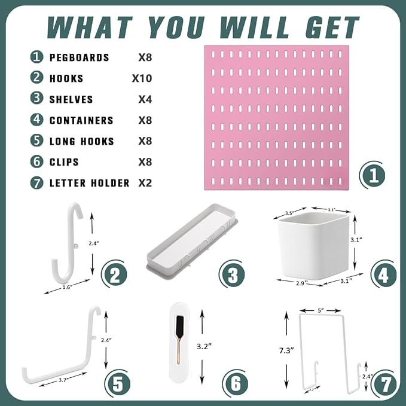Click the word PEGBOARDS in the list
[79, 57]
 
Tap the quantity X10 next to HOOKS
[142, 78]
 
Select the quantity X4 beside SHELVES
[145, 99]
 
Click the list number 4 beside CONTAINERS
[37, 120]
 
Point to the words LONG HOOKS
[81, 141]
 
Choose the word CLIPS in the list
[64, 162]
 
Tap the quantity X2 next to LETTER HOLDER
[145, 183]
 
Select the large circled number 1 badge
[373, 175]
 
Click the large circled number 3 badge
[232, 274]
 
